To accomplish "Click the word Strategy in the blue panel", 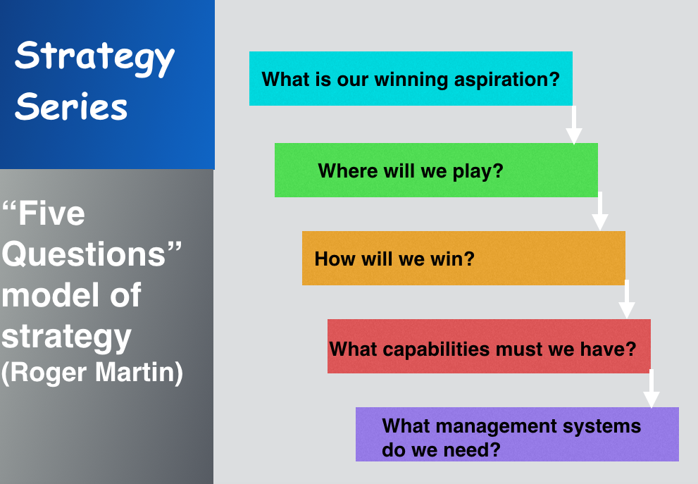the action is [94, 58].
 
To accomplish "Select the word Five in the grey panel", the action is [51, 213].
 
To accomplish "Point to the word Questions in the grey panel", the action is [84, 254].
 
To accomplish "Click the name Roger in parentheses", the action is [49, 373].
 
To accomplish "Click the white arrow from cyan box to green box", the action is [574, 125].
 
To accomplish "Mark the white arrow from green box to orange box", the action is [600, 211].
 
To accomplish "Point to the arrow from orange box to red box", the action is [627, 299].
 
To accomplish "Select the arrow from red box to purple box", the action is [652, 388].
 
